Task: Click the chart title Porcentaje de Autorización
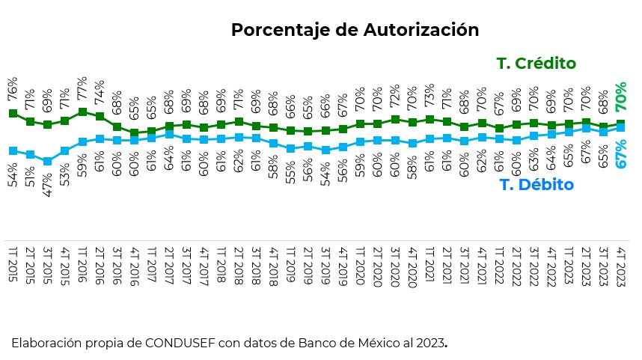click(x=355, y=30)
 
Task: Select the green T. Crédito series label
click(x=536, y=64)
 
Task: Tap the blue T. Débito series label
click(x=536, y=185)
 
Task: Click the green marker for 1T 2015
click(x=13, y=113)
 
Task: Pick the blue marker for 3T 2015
click(x=47, y=161)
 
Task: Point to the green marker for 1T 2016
click(x=82, y=112)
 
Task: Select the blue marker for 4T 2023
click(x=621, y=128)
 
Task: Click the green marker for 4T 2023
click(x=621, y=123)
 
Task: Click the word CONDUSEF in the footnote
click(x=174, y=344)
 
